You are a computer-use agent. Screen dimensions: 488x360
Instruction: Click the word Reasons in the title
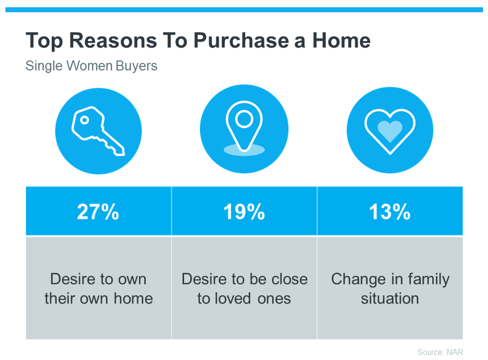pyautogui.click(x=113, y=40)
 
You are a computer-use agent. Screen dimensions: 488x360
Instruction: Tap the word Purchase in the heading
pyautogui.click(x=241, y=40)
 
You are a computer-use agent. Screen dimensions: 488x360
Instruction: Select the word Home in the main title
pyautogui.click(x=342, y=40)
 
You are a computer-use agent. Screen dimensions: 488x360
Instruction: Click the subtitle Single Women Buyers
pyautogui.click(x=91, y=66)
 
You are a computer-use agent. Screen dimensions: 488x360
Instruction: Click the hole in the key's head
pyautogui.click(x=84, y=120)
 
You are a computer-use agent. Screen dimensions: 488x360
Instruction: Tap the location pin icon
pyautogui.click(x=244, y=126)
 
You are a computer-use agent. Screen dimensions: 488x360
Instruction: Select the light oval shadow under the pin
pyautogui.click(x=244, y=150)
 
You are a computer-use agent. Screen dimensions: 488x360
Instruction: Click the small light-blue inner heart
pyautogui.click(x=390, y=131)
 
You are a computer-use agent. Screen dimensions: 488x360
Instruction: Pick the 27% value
pyautogui.click(x=98, y=212)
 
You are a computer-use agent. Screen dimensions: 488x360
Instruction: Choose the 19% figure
pyautogui.click(x=244, y=212)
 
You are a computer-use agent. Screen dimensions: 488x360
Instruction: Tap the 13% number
pyautogui.click(x=390, y=212)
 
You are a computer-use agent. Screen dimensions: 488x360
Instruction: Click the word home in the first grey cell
pyautogui.click(x=133, y=298)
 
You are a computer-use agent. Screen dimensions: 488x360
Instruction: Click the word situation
pyautogui.click(x=390, y=298)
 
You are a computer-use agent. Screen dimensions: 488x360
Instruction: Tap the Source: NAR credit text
pyautogui.click(x=440, y=352)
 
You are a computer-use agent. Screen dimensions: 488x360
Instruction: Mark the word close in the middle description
pyautogui.click(x=289, y=279)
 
